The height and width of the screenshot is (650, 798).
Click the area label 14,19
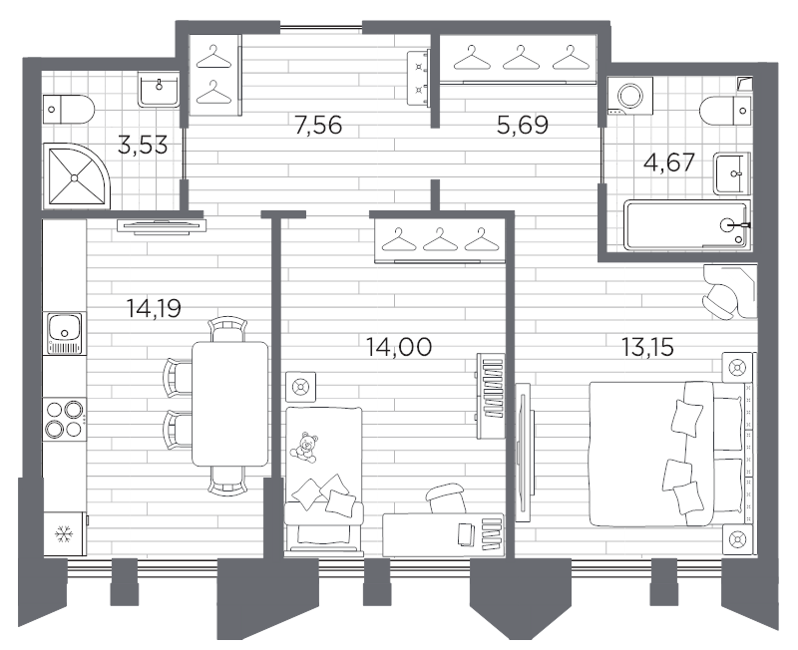click(x=155, y=308)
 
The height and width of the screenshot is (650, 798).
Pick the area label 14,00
click(x=398, y=347)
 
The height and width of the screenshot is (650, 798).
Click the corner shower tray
click(x=74, y=174)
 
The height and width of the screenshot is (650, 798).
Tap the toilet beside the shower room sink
click(x=70, y=105)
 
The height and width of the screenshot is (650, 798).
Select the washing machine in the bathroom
click(x=631, y=97)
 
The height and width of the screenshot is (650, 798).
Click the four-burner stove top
click(x=65, y=419)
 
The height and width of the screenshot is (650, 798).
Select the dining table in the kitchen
click(x=229, y=404)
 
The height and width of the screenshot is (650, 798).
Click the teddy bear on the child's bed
click(x=306, y=446)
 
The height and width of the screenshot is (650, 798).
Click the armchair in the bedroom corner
click(x=725, y=290)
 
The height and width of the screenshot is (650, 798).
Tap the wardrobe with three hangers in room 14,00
click(x=438, y=240)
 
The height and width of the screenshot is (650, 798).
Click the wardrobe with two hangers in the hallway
click(x=212, y=75)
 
